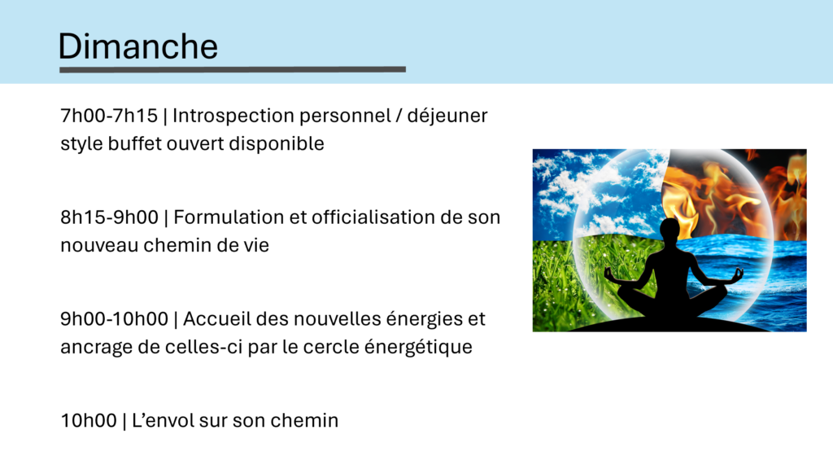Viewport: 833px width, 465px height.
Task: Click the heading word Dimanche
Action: click(138, 46)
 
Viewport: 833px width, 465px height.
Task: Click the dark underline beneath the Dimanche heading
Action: click(233, 69)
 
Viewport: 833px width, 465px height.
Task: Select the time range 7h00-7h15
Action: click(109, 116)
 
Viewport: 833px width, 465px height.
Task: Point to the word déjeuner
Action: click(447, 116)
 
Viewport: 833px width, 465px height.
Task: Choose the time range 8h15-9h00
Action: click(110, 217)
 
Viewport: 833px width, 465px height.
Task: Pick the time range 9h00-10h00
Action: click(114, 318)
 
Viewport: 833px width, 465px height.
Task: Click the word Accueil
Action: click(216, 318)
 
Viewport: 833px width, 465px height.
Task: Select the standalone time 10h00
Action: click(89, 420)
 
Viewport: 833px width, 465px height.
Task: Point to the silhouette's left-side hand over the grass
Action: click(611, 277)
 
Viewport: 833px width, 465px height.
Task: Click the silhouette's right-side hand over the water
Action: click(736, 274)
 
